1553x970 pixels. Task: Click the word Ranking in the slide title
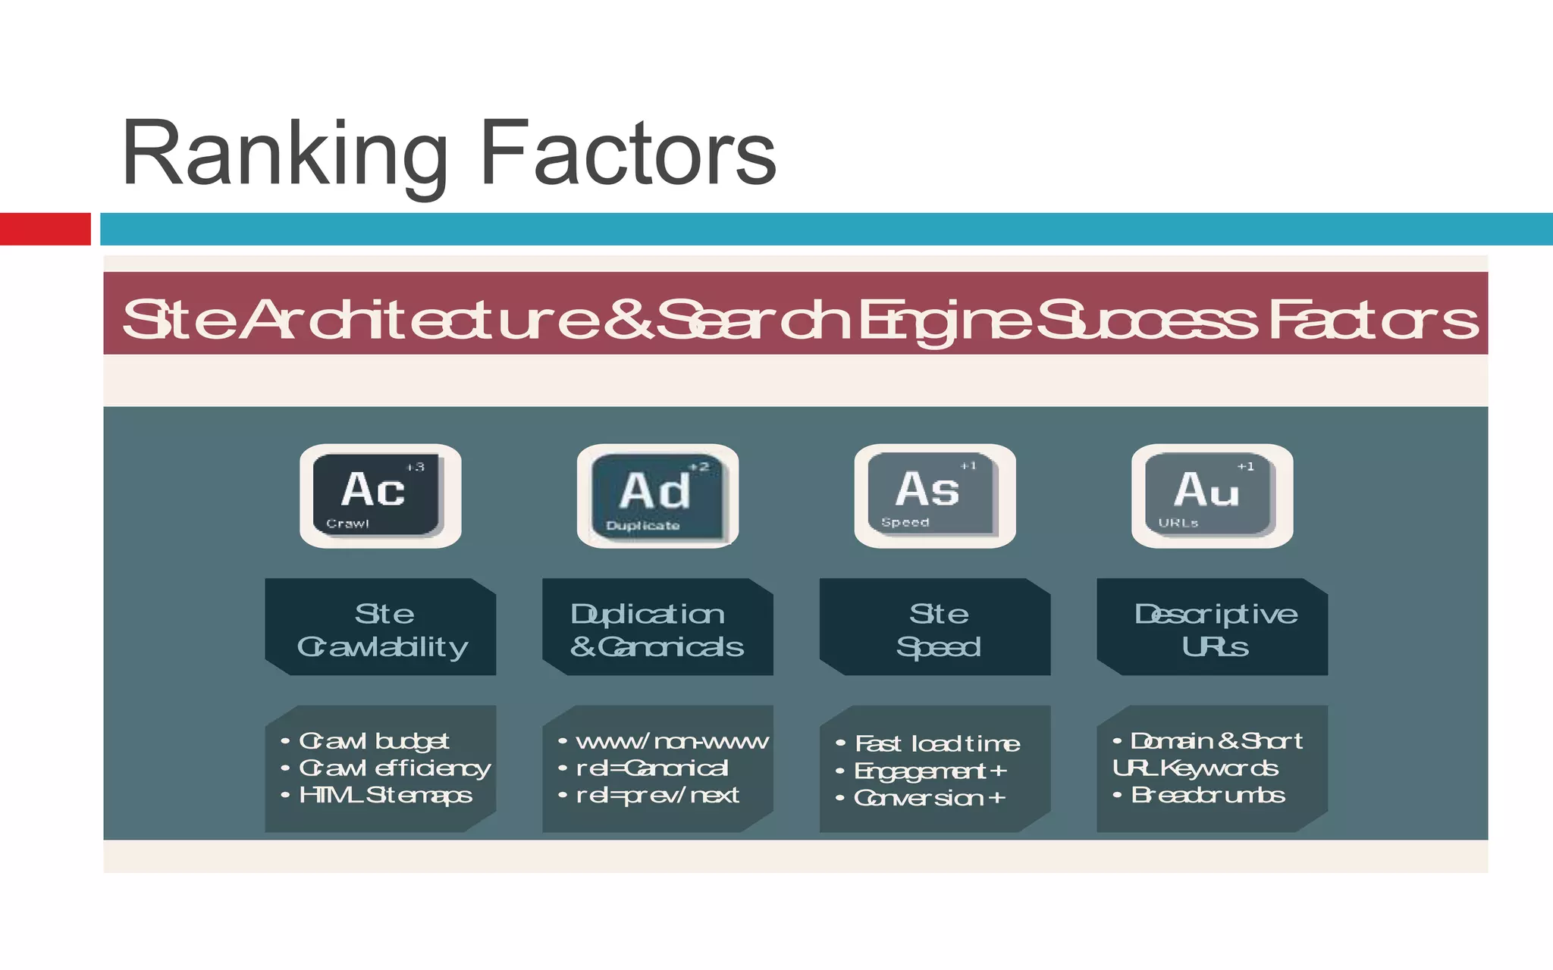pyautogui.click(x=284, y=155)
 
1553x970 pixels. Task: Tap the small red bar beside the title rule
pyautogui.click(x=45, y=229)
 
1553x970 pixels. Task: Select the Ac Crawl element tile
pyautogui.click(x=380, y=496)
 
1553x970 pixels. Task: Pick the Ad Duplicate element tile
pyautogui.click(x=657, y=496)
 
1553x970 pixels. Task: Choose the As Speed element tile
pyautogui.click(x=934, y=496)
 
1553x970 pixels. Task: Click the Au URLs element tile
pyautogui.click(x=1212, y=496)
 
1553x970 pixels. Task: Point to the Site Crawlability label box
pyautogui.click(x=381, y=627)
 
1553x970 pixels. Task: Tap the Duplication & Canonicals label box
pyautogui.click(x=657, y=627)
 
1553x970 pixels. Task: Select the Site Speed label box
pyautogui.click(x=935, y=627)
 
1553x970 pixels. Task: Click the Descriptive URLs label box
pyautogui.click(x=1213, y=627)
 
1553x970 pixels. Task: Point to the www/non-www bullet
pyautogui.click(x=671, y=741)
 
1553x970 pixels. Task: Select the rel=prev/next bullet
pyautogui.click(x=657, y=795)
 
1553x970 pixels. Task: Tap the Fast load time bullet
pyautogui.click(x=937, y=743)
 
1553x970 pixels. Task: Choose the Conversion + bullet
pyautogui.click(x=929, y=798)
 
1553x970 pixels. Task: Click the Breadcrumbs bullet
pyautogui.click(x=1207, y=795)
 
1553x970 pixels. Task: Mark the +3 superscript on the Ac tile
pyautogui.click(x=416, y=467)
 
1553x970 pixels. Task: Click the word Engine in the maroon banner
pyautogui.click(x=943, y=320)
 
